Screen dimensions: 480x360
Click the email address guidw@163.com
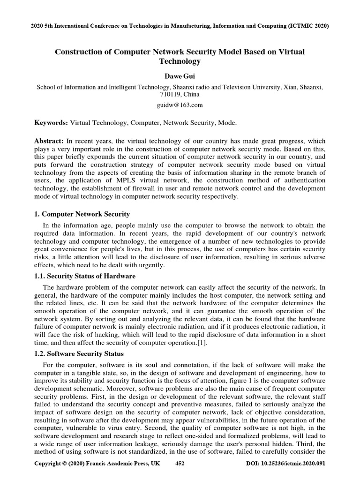click(180, 105)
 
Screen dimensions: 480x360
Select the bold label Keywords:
click(51, 122)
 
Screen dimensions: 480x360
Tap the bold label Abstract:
click(50, 141)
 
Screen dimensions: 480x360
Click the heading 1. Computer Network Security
click(82, 214)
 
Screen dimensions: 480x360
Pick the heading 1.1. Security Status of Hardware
click(85, 276)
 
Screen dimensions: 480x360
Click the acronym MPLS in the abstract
click(138, 180)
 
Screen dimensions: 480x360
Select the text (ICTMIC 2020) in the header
click(307, 26)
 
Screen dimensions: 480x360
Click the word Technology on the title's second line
click(180, 61)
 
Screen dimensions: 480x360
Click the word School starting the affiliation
click(47, 87)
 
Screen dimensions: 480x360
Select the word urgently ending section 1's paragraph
click(150, 265)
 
